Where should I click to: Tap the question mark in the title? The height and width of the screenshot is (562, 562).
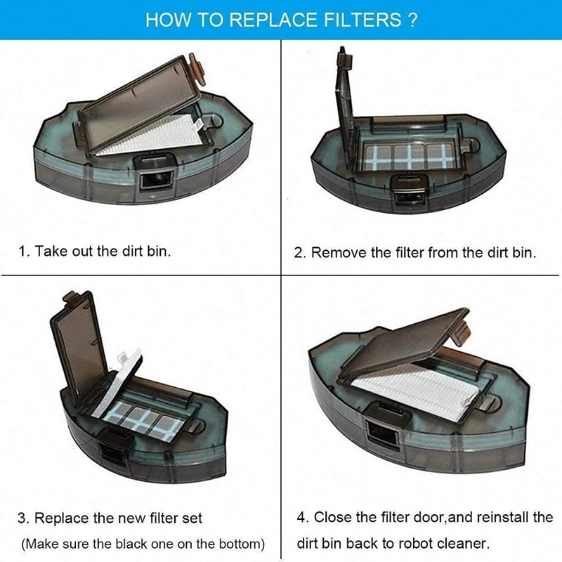tap(412, 20)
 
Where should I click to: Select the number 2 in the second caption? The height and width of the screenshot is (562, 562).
tap(298, 252)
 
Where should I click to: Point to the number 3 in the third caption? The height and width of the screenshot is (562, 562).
tap(22, 518)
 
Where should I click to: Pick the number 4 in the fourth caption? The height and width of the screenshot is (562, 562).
tap(301, 518)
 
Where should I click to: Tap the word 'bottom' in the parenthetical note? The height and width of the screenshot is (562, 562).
tap(240, 544)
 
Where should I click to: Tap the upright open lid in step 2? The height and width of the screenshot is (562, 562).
tap(348, 98)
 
